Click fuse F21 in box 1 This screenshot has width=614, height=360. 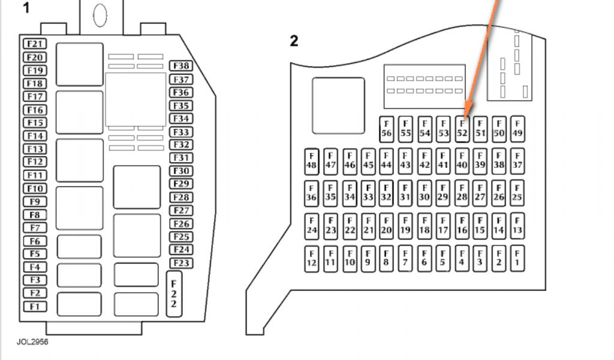click(35, 44)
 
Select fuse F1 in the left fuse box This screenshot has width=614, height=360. click(35, 307)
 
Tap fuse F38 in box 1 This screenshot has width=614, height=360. click(180, 66)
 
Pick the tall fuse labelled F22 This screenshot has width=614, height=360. click(173, 294)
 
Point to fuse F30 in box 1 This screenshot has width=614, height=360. click(180, 171)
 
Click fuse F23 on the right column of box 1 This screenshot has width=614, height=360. click(180, 263)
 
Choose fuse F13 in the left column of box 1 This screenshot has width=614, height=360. click(35, 149)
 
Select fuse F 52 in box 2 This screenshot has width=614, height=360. click(462, 128)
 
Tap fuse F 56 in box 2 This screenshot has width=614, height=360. click(387, 128)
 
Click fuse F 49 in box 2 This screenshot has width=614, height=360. click(517, 128)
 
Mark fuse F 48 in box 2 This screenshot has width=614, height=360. click(311, 160)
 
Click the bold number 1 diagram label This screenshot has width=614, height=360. click(26, 8)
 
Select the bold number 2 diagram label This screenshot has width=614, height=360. click(294, 41)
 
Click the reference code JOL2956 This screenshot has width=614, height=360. click(32, 342)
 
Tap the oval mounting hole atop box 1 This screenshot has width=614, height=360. click(100, 14)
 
